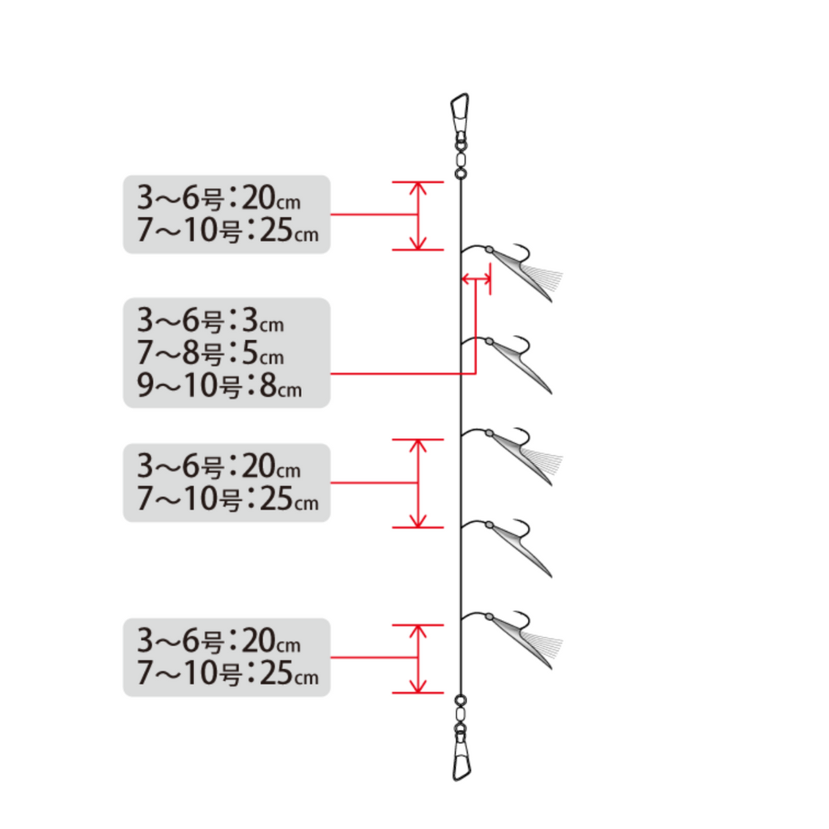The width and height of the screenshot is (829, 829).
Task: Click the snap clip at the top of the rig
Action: click(x=460, y=113)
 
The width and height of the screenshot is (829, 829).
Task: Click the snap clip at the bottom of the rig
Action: click(x=461, y=761)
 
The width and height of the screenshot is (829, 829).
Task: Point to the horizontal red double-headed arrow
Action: click(x=476, y=278)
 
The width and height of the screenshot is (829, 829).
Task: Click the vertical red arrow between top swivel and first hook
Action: click(x=419, y=215)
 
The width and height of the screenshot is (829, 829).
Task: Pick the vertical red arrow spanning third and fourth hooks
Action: click(x=419, y=483)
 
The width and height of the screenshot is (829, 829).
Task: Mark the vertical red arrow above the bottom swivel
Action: click(x=419, y=659)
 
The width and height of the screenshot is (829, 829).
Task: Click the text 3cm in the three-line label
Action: click(x=263, y=321)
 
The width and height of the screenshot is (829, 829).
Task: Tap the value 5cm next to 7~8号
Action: click(x=263, y=353)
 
